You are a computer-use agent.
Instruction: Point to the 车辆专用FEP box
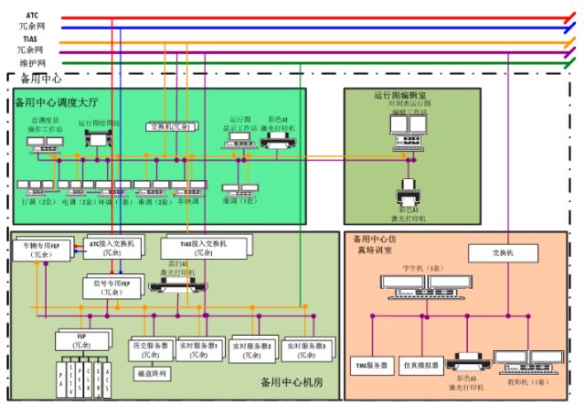click(x=43, y=250)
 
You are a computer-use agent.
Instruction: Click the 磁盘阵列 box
click(x=147, y=372)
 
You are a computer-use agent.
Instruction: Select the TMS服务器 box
click(x=372, y=366)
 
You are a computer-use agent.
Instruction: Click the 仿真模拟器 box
click(x=422, y=364)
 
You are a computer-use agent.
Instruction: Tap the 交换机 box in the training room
click(x=499, y=253)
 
